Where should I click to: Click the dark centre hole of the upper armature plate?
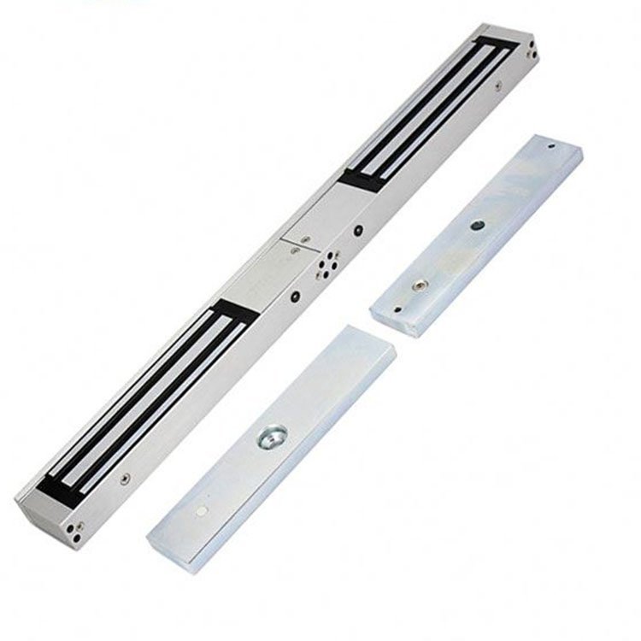(x=476, y=227)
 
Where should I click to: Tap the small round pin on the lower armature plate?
(x=199, y=511)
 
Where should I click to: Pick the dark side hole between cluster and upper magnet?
(x=358, y=230)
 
